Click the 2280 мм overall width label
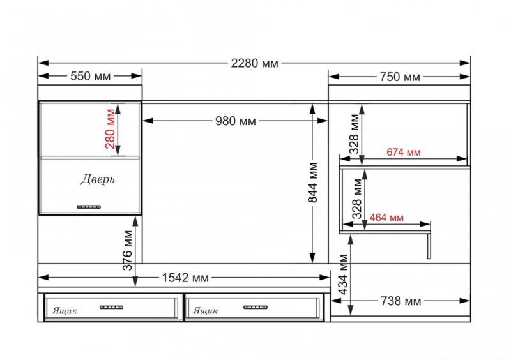point(255,63)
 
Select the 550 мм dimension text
point(91,76)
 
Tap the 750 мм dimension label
point(400,77)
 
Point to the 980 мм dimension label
point(236,121)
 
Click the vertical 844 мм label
point(313,183)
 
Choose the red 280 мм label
point(111,129)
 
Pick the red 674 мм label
point(404,152)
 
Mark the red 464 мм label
point(386,217)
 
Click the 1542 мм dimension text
point(185,278)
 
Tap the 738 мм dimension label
point(401,301)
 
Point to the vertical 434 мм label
point(343,274)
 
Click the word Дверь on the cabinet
point(98,179)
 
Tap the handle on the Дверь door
point(89,207)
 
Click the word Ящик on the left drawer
point(65,310)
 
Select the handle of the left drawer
point(111,307)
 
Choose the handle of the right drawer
point(255,307)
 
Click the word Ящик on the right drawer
point(206,310)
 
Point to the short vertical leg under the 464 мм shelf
point(429,246)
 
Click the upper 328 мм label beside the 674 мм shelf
point(355,134)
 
